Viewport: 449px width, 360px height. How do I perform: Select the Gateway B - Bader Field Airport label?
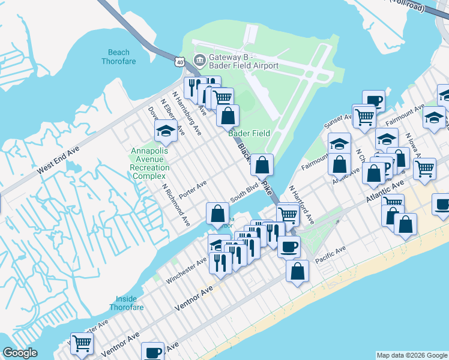243,61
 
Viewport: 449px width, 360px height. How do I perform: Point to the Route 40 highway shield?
180,61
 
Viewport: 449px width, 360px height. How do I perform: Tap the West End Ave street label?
58,162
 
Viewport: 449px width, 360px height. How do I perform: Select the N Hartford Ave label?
301,205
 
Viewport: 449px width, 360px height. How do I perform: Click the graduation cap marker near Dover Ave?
166,131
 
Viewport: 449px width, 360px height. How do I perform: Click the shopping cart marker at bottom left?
82,343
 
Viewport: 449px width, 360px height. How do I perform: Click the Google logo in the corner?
20,353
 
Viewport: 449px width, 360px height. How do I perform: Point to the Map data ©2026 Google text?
412,355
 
